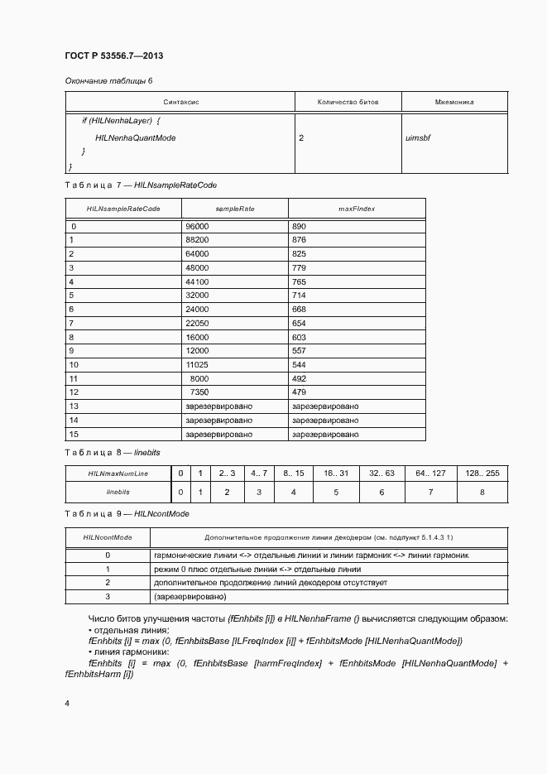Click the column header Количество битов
[348, 102]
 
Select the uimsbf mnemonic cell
[417, 137]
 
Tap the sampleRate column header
[234, 209]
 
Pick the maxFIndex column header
[357, 209]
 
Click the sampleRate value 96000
[197, 226]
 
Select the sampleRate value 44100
[197, 281]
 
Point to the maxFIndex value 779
[300, 267]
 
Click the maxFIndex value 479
[300, 392]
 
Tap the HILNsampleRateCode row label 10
[74, 364]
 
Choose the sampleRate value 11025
[197, 364]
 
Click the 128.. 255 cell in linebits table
[482, 473]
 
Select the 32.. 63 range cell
[381, 473]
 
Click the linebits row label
[118, 492]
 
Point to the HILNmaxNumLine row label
[118, 473]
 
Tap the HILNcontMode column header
[108, 537]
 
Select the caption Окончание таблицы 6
[108, 80]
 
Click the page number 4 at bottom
[67, 703]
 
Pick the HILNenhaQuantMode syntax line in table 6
[135, 137]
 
